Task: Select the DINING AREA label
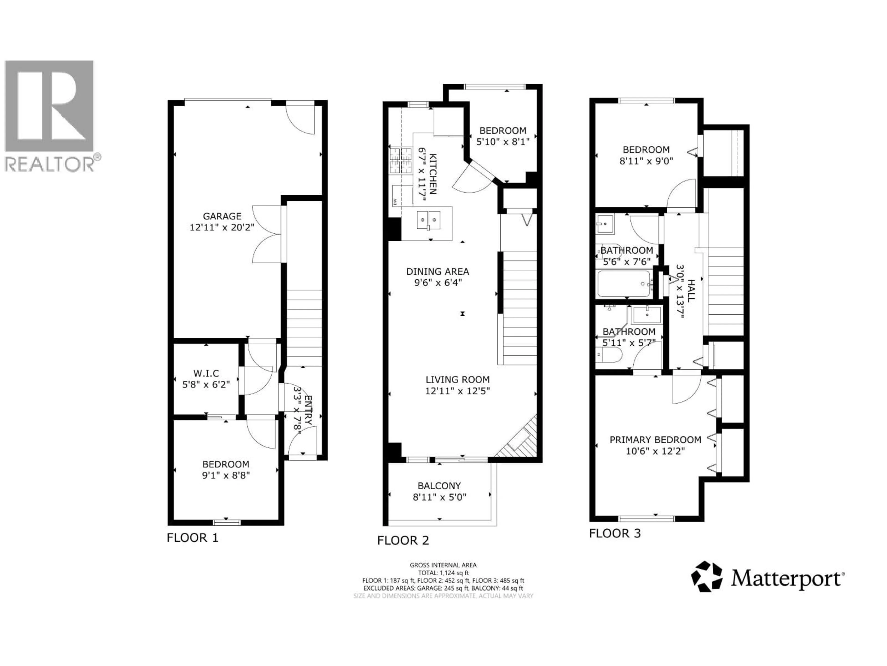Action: pos(437,272)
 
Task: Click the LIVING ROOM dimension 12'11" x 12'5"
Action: pos(458,391)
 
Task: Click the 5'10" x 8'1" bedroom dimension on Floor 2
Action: pos(503,142)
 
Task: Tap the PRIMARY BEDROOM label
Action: pos(655,440)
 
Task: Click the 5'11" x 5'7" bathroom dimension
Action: pos(629,343)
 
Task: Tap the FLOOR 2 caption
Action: pos(403,540)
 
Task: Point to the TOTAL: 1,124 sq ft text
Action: pos(443,573)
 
